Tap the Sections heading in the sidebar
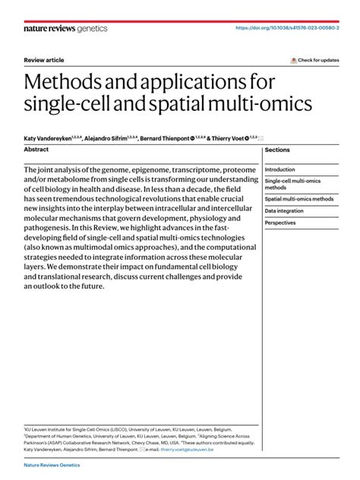[x=277, y=150]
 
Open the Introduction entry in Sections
[x=279, y=169]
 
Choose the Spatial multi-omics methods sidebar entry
[x=298, y=198]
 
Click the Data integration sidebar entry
[x=284, y=210]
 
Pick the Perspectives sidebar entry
[x=280, y=223]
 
